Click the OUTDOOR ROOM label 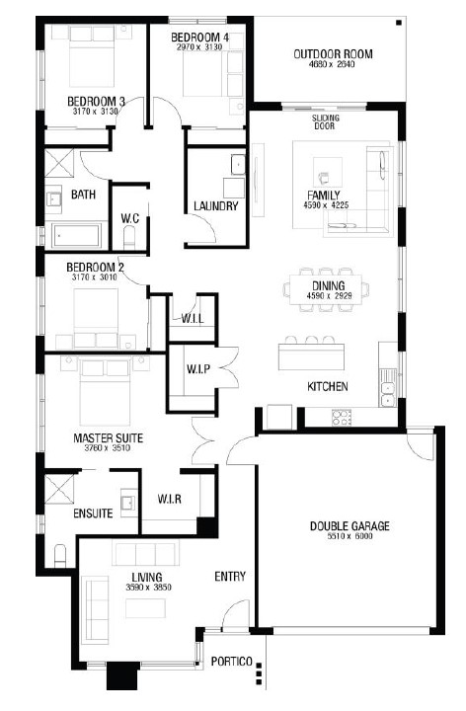pos(333,54)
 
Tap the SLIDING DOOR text pos(325,122)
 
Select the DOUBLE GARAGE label pos(349,526)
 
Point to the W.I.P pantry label pos(198,368)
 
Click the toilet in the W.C pos(129,238)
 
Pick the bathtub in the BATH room pos(76,235)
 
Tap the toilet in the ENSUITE pos(60,555)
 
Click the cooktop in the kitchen pos(342,417)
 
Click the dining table pos(327,289)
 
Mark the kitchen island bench pos(311,356)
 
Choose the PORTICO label pos(232,662)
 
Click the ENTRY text pos(230,577)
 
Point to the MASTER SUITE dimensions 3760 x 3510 pos(108,448)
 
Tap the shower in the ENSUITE pos(59,489)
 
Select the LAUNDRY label pos(216,206)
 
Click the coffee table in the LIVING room pos(145,608)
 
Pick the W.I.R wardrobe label pos(170,500)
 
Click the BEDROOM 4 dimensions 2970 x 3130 pos(199,46)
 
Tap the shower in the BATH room pos(59,163)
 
